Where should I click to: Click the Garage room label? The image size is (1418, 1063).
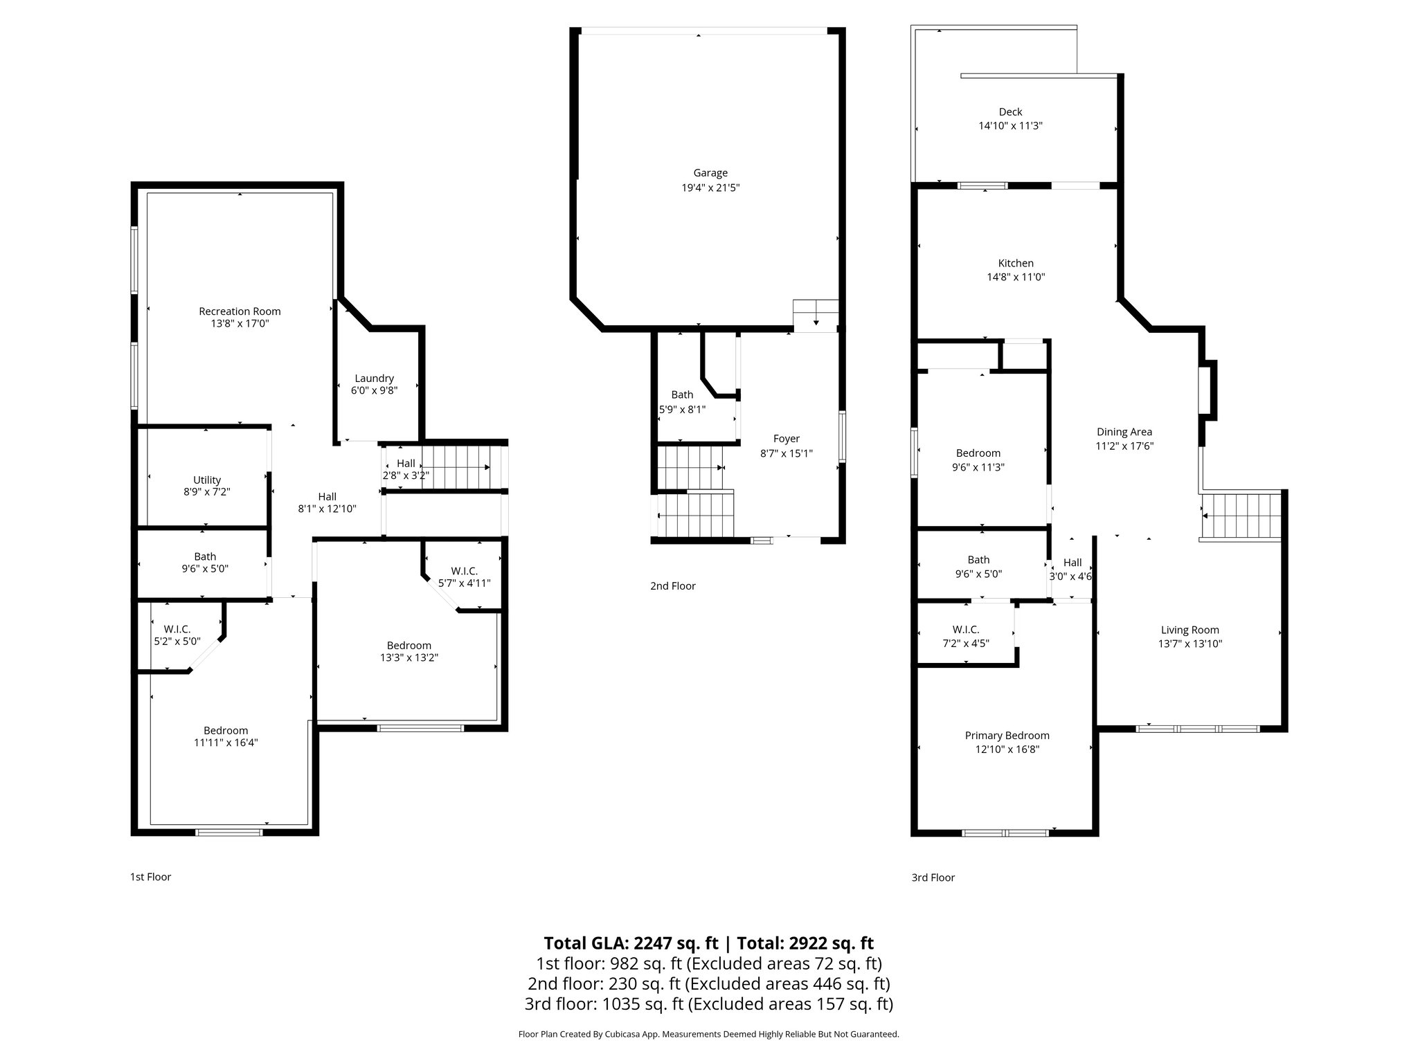coord(710,173)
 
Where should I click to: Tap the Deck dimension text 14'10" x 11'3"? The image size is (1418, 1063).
coord(1010,126)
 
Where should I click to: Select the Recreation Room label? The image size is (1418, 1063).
coord(240,311)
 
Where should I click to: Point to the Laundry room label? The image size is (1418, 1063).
coord(374,379)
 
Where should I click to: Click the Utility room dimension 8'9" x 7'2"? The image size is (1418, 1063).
coord(207,492)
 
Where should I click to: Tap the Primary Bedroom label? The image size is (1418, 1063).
coord(1007,736)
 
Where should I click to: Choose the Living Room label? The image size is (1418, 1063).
coord(1190,630)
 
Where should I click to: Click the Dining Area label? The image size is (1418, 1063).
coord(1124,432)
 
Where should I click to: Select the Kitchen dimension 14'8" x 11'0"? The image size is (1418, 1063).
coord(1016,277)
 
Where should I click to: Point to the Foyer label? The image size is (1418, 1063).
coord(786,439)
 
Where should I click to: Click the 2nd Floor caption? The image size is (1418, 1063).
coord(672,586)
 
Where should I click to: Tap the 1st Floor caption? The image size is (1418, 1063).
coord(150,877)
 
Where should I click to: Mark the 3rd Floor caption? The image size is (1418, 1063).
coord(933,878)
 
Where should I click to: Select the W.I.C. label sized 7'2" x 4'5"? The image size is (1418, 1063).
coord(965,630)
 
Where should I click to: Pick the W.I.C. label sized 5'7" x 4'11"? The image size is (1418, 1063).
coord(464,571)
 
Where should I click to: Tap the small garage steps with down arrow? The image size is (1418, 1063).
coord(816,315)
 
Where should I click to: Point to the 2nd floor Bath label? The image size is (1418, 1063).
coord(682,394)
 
